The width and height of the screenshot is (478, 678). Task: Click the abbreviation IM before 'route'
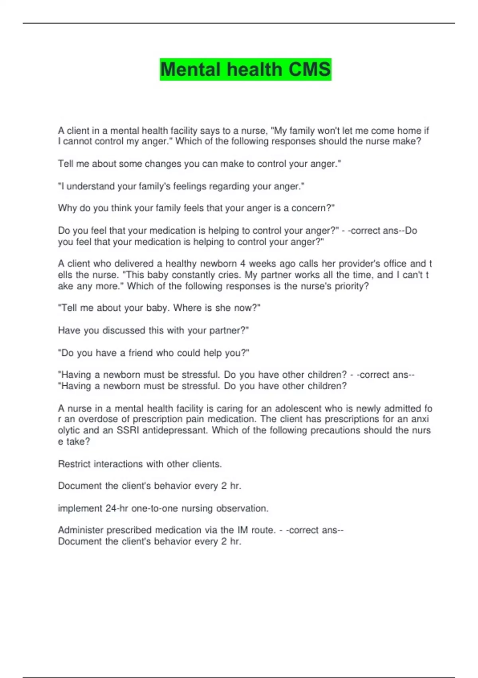pos(243,530)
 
